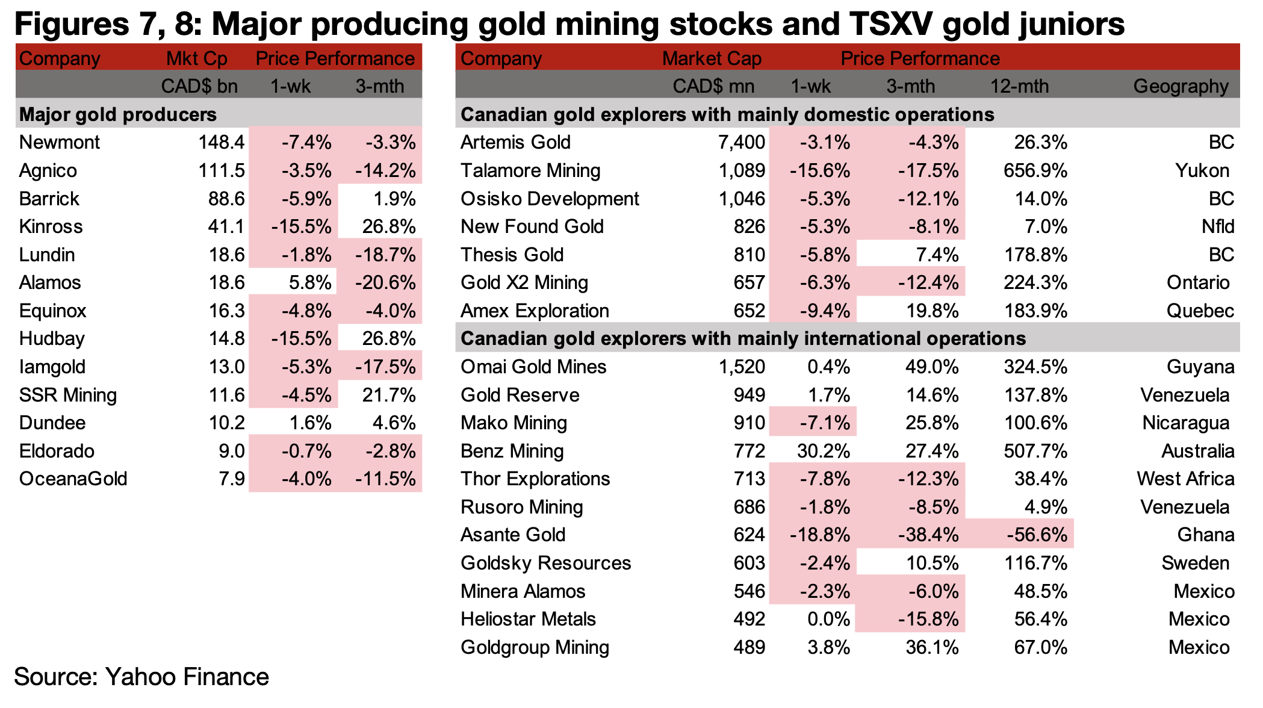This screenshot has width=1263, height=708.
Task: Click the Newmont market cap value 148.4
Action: coord(221,142)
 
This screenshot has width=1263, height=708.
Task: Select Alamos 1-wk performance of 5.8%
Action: coord(306,282)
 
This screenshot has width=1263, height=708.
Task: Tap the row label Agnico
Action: coord(48,170)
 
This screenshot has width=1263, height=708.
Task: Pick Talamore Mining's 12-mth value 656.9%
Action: coord(1035,170)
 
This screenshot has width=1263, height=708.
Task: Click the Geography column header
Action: coord(1181,86)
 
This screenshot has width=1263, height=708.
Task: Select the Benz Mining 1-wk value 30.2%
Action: coord(823,451)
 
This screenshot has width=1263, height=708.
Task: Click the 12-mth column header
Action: coord(1019,86)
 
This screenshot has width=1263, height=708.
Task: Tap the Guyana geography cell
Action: coord(1200,367)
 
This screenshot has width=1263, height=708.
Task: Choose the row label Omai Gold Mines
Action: coord(533,367)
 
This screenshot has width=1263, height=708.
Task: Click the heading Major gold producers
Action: coord(118,114)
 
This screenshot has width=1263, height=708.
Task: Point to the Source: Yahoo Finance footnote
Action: coord(141,677)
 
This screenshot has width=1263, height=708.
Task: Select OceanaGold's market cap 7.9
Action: coord(231,479)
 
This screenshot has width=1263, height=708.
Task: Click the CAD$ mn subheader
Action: coord(713,86)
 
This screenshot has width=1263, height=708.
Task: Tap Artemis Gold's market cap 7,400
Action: coord(742,142)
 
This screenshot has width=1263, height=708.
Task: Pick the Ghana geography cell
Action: coord(1206,535)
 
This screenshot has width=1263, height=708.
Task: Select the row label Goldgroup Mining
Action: coord(535,647)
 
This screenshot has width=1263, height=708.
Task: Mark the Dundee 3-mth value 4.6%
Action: coord(394,423)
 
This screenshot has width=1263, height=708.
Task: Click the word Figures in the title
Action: coord(72,25)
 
